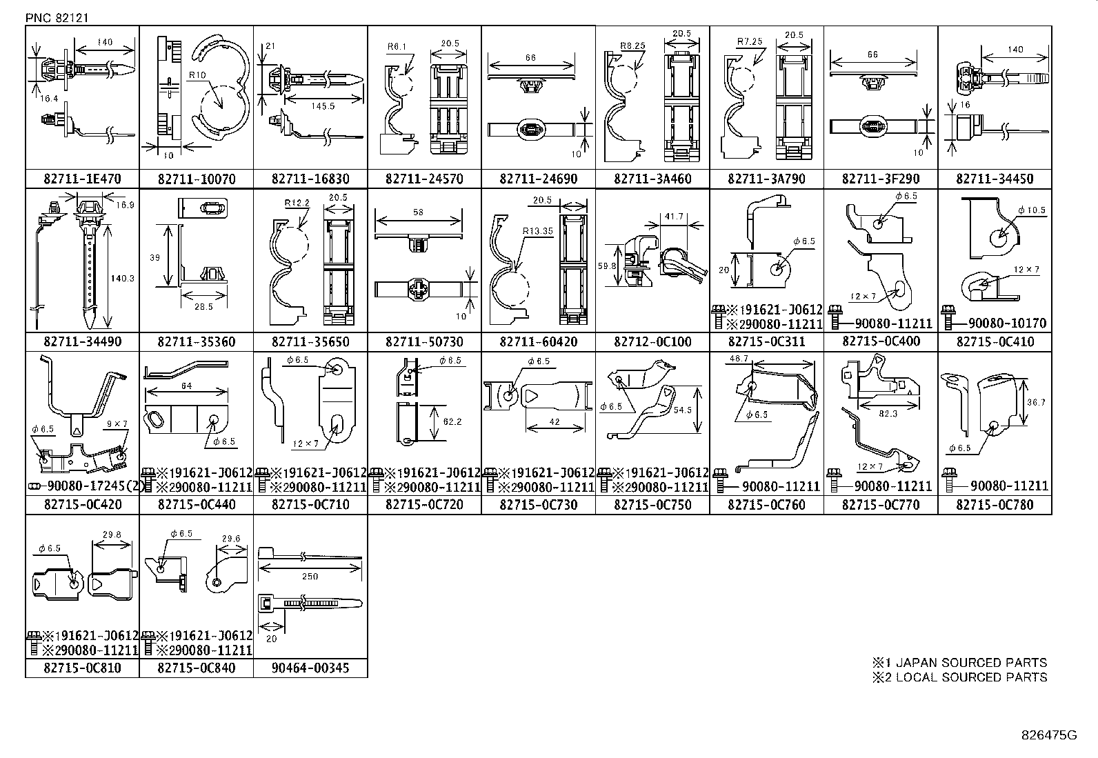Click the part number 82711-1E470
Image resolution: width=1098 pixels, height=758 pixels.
tap(82, 179)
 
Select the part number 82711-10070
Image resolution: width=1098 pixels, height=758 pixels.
tap(196, 179)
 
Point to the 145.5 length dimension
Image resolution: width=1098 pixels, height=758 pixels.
tap(322, 106)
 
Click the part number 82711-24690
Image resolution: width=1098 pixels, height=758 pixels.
tap(538, 179)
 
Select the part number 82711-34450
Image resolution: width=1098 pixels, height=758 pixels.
tap(995, 179)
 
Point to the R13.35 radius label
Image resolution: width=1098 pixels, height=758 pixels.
tap(537, 232)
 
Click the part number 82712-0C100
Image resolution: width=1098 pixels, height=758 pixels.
tap(652, 341)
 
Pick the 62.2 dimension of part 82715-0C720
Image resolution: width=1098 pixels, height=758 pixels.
tap(452, 421)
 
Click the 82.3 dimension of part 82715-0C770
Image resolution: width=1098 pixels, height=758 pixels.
tap(888, 413)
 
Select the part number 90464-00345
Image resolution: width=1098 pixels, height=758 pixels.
tap(310, 668)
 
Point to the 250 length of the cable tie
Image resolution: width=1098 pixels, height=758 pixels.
tap(310, 576)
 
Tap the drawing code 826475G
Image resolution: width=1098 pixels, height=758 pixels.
tap(1049, 735)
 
